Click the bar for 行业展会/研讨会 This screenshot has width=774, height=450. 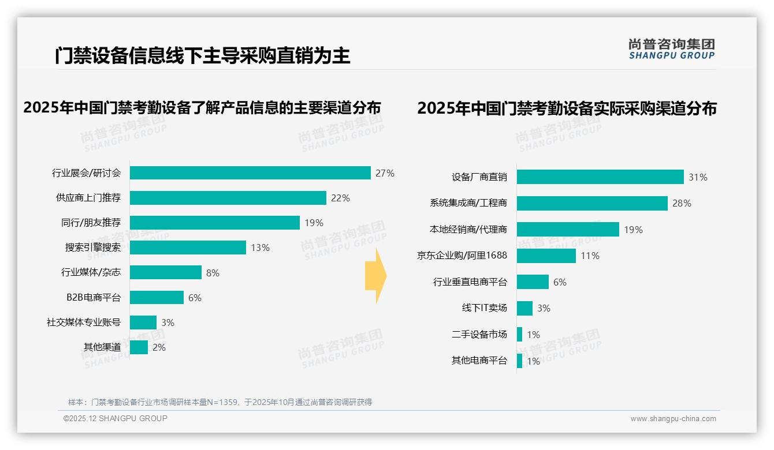point(250,173)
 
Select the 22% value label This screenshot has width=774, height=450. point(340,198)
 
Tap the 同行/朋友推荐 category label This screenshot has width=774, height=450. point(91,223)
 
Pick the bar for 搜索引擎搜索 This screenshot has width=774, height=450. point(188,247)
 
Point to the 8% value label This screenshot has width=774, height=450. point(213,273)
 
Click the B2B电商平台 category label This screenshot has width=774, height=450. point(94,298)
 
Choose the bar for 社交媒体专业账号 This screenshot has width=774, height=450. point(143,322)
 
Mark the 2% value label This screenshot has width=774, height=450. point(159,347)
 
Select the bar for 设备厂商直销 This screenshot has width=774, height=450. point(600,177)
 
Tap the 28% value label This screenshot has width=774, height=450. point(682,203)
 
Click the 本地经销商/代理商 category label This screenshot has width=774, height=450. point(468,230)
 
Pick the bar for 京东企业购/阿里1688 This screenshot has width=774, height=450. point(546,256)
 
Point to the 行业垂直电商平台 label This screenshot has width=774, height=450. point(470,282)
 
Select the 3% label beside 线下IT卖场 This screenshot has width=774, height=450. point(544,308)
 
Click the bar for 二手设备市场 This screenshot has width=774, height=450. point(520,335)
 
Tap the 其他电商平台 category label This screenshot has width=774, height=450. point(479,361)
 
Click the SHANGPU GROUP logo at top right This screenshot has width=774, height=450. point(671,49)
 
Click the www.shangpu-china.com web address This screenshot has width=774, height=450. point(673,419)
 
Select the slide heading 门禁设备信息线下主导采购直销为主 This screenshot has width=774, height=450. point(203,55)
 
